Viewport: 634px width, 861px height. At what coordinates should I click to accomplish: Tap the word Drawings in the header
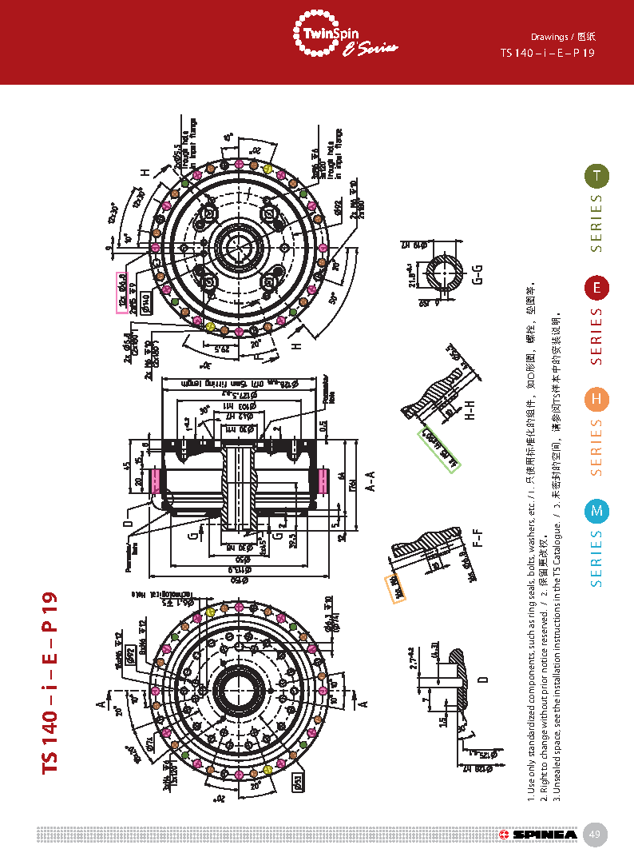point(549,37)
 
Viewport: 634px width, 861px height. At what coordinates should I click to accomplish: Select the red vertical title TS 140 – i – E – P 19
point(50,682)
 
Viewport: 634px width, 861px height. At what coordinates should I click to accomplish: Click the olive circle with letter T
point(596,176)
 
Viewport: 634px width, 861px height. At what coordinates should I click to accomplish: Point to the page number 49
point(595,835)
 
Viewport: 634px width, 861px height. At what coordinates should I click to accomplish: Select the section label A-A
point(370,480)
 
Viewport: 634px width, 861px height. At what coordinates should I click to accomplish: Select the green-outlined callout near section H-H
point(441,449)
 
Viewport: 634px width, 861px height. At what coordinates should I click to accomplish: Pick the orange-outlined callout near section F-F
point(393,588)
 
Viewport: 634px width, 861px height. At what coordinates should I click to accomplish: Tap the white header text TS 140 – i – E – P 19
point(547,54)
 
